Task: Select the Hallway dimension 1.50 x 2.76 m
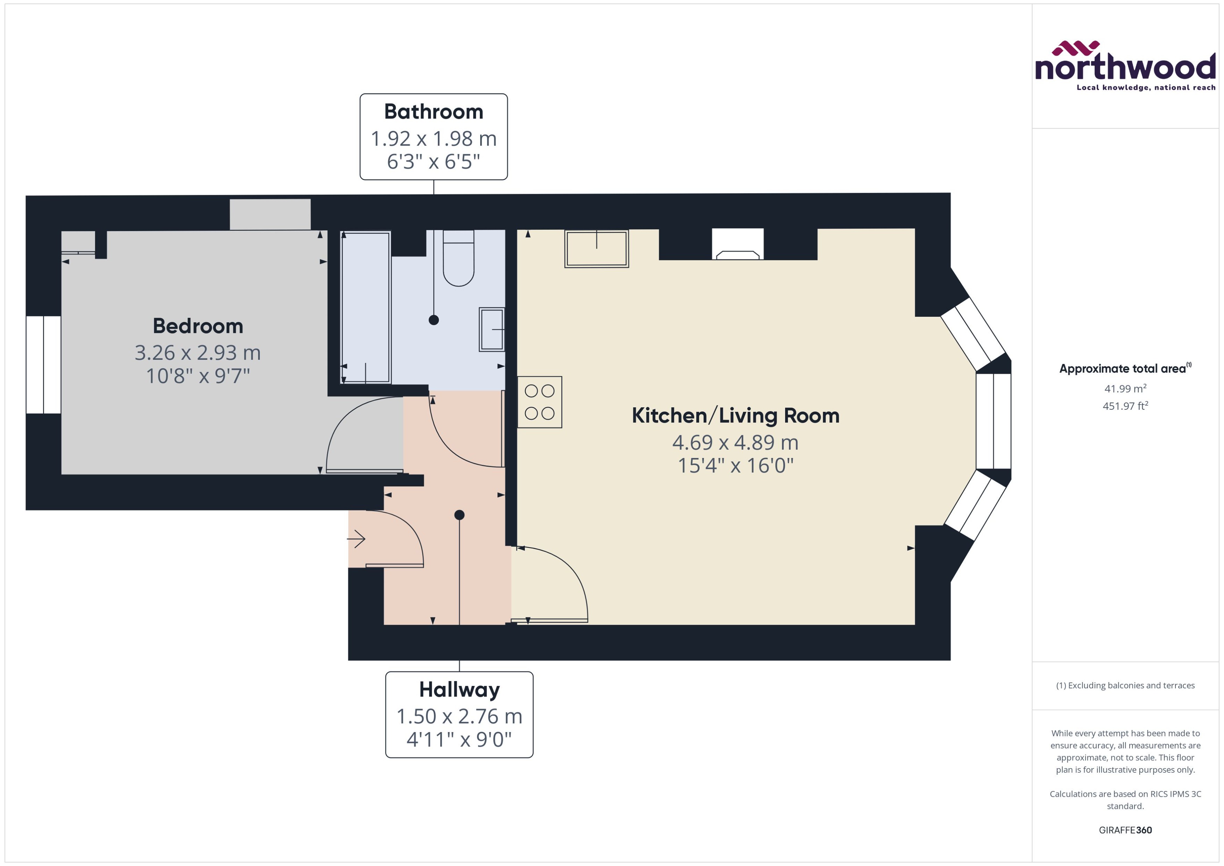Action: (459, 716)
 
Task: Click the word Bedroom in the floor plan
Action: (198, 326)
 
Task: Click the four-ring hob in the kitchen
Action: (539, 402)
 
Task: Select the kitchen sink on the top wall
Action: (596, 249)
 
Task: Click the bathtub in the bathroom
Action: (365, 307)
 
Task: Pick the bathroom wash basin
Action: (491, 330)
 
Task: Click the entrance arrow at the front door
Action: (356, 539)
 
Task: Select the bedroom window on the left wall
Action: (43, 365)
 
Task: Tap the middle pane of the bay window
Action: (993, 421)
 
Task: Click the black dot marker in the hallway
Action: (459, 515)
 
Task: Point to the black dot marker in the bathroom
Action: (434, 320)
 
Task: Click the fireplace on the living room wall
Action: (738, 245)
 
